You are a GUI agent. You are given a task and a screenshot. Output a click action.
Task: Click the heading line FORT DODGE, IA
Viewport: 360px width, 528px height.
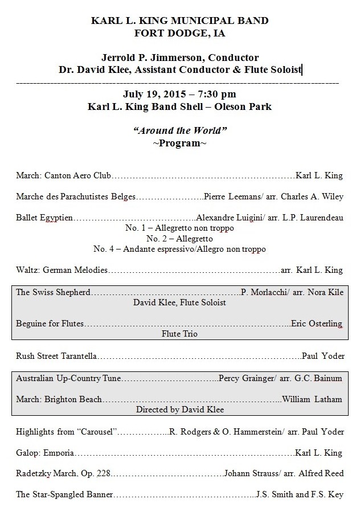click(179, 33)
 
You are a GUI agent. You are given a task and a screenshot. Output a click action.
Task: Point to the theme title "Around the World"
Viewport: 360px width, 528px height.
click(180, 130)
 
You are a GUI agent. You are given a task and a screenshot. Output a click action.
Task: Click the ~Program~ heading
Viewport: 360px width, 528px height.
click(179, 142)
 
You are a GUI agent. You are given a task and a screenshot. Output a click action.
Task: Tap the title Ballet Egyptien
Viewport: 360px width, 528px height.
click(45, 218)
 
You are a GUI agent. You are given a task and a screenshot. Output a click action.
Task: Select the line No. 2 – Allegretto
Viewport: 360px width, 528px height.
click(179, 239)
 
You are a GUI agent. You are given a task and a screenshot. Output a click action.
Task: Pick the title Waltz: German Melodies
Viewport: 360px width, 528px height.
click(62, 270)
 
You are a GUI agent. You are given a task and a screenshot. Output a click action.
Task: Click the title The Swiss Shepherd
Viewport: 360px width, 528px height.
click(53, 292)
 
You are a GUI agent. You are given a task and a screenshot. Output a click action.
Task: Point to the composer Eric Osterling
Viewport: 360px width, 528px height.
click(317, 324)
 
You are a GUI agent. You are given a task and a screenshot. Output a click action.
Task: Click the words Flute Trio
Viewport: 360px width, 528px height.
click(179, 334)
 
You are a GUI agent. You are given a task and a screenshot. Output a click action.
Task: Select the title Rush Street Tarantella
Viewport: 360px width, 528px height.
click(56, 356)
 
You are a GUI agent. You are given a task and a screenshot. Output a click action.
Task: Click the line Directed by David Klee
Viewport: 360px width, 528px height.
click(179, 409)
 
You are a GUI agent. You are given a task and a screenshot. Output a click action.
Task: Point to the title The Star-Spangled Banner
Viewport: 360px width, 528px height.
click(64, 494)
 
